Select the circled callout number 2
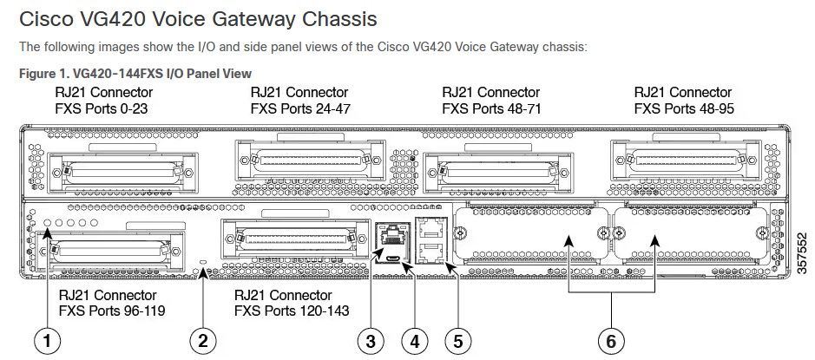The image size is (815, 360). pyautogui.click(x=203, y=341)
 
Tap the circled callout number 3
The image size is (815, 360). pyautogui.click(x=371, y=341)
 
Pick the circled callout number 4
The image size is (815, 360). pyautogui.click(x=414, y=341)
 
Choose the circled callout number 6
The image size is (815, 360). pyautogui.click(x=611, y=341)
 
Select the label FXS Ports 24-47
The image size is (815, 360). pyautogui.click(x=299, y=109)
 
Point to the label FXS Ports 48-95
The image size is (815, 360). pyautogui.click(x=683, y=109)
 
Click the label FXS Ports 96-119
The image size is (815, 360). pyautogui.click(x=110, y=310)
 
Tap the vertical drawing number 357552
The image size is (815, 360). pyautogui.click(x=799, y=251)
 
